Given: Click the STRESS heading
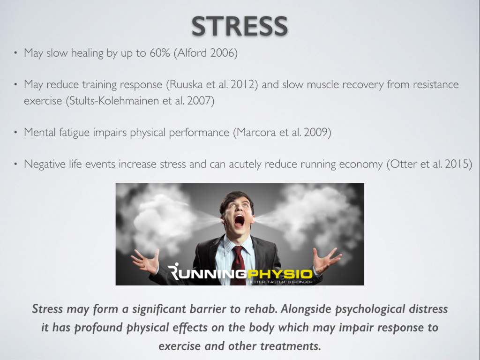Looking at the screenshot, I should coord(240,26).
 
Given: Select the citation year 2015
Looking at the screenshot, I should coord(457,165).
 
